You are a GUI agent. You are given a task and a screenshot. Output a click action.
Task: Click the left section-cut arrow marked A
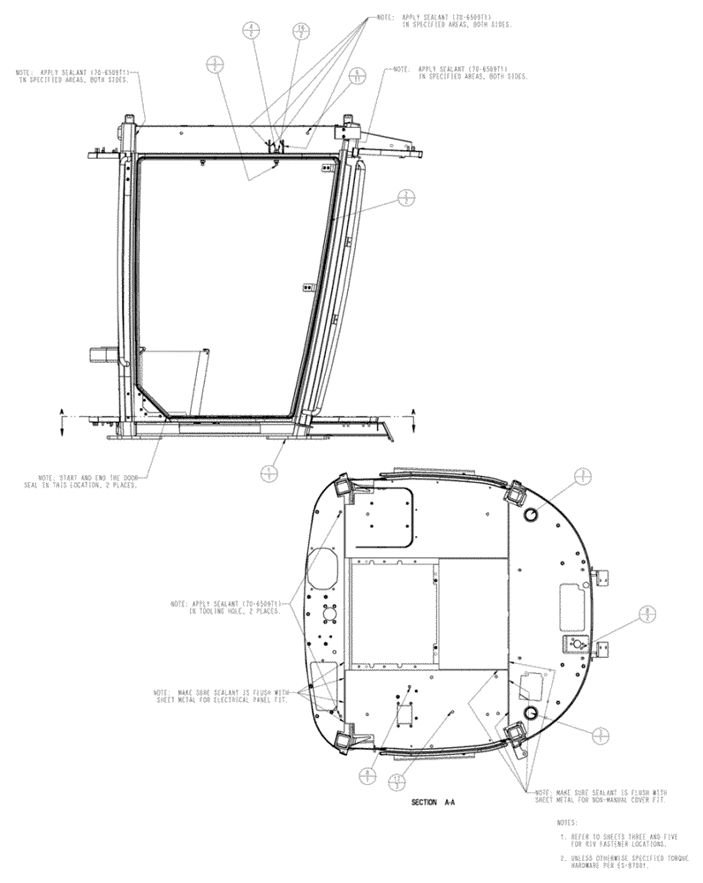pyautogui.click(x=62, y=420)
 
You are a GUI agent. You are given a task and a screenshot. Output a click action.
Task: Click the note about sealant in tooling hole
pyautogui.click(x=228, y=608)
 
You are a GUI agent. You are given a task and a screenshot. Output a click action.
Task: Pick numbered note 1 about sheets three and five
pyautogui.click(x=609, y=841)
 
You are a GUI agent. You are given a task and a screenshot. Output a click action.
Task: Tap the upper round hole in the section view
pyautogui.click(x=532, y=515)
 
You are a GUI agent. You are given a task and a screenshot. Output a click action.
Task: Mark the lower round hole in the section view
pyautogui.click(x=532, y=711)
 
